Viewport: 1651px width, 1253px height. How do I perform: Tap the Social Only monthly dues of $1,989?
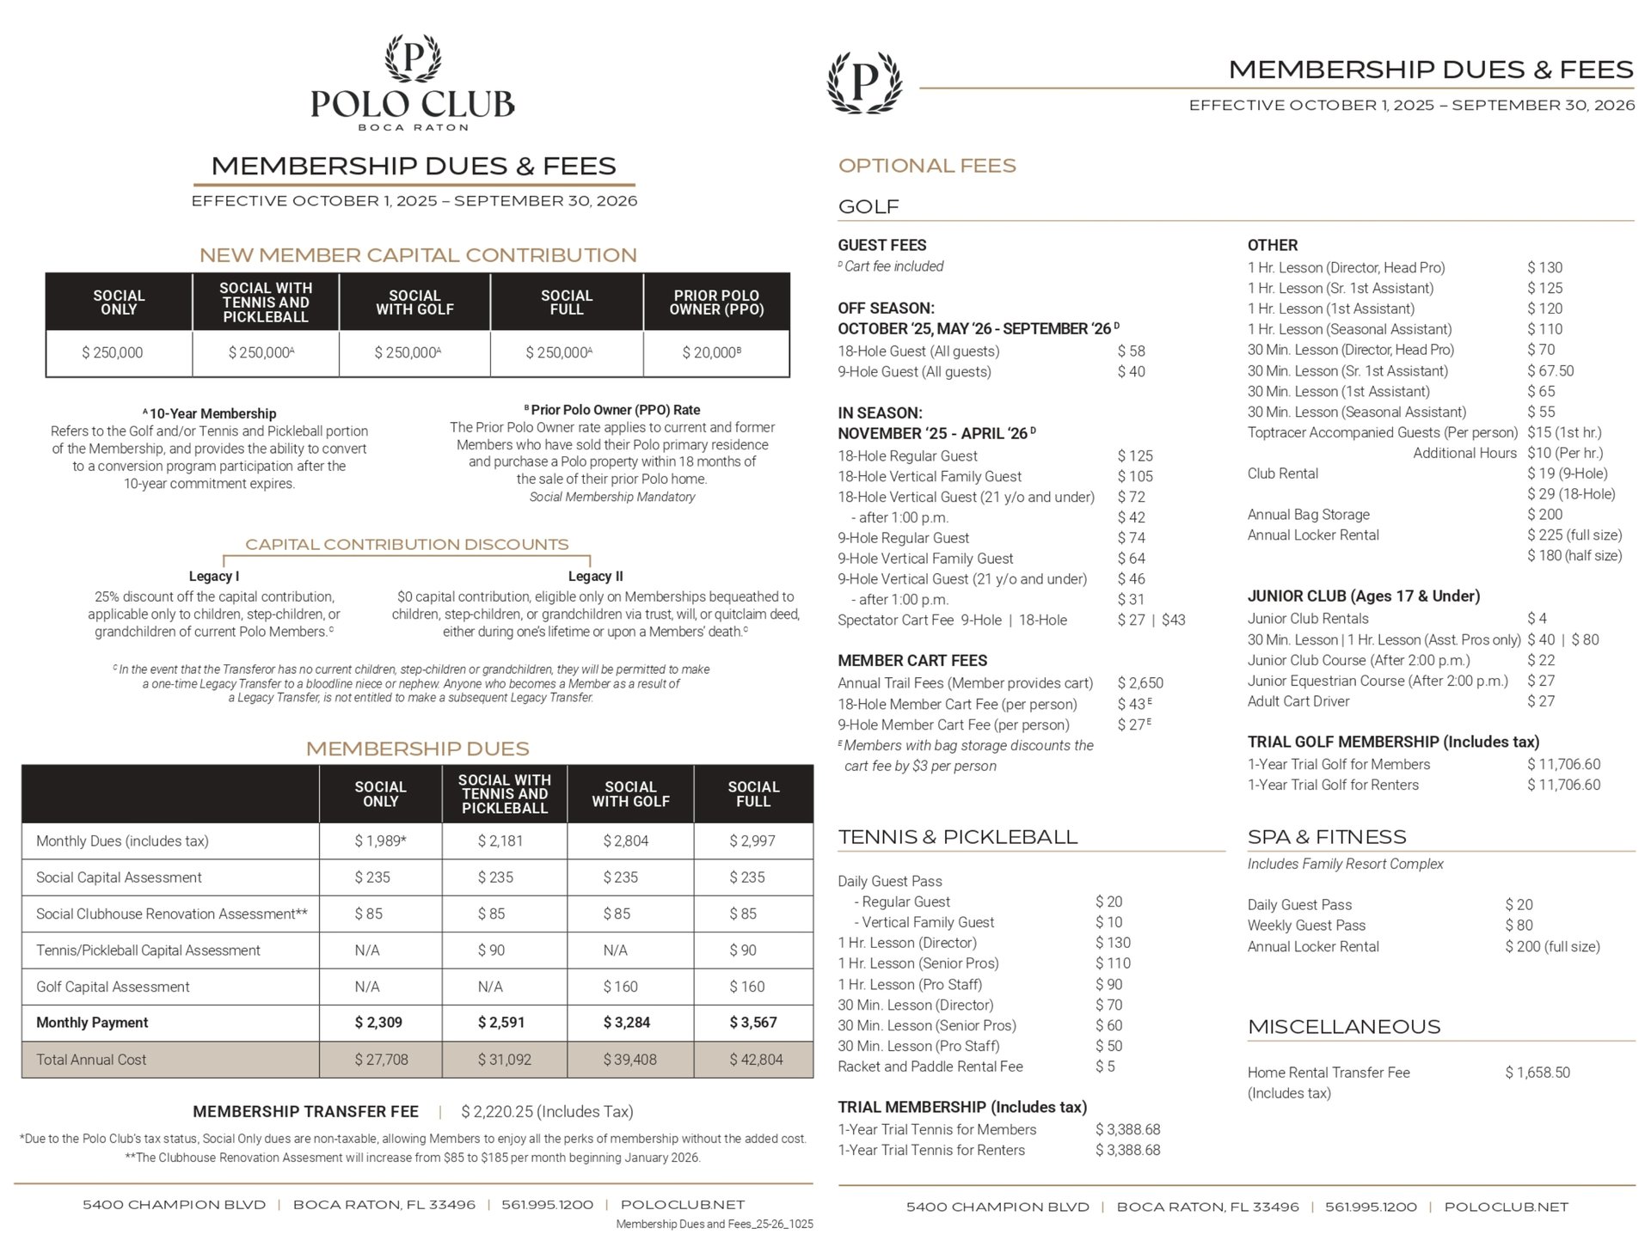[x=380, y=840]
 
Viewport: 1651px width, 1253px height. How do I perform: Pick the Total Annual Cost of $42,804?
[x=756, y=1060]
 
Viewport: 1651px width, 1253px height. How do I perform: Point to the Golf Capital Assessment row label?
[x=113, y=987]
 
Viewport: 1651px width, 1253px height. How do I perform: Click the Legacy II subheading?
[x=595, y=576]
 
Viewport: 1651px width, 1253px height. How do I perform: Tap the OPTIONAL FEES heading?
[x=927, y=166]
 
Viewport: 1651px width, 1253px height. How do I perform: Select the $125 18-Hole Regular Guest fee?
[x=1135, y=455]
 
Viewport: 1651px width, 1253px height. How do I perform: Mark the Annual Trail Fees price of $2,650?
[x=1140, y=683]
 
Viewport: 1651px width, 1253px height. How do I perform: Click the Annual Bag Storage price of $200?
[x=1545, y=514]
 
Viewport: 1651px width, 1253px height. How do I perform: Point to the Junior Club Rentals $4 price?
[x=1537, y=619]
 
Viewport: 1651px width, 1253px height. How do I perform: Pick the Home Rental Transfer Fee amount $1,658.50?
[x=1537, y=1073]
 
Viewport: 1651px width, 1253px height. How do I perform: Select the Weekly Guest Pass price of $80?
[x=1519, y=926]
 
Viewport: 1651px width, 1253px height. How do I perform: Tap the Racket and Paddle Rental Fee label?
[x=930, y=1067]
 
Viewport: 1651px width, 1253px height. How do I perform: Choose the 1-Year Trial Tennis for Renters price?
[x=1127, y=1150]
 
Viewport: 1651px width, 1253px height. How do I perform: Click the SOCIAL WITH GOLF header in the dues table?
[x=630, y=793]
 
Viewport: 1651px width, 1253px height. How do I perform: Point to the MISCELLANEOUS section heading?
[x=1344, y=1027]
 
